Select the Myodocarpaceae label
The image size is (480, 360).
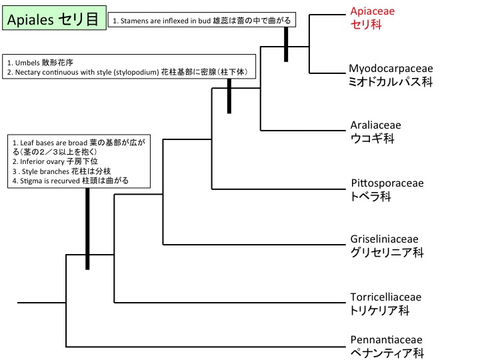tap(391, 69)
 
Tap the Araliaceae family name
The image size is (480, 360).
tap(376, 125)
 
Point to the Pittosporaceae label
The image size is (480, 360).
tap(387, 183)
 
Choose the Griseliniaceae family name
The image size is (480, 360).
tap(385, 239)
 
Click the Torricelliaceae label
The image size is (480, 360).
tap(386, 297)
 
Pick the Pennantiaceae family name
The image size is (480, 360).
tap(385, 340)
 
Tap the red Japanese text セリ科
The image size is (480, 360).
tap(365, 25)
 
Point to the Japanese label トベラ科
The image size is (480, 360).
tap(371, 197)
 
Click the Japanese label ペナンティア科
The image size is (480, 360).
tap(387, 354)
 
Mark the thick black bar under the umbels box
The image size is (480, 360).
tap(229, 96)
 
